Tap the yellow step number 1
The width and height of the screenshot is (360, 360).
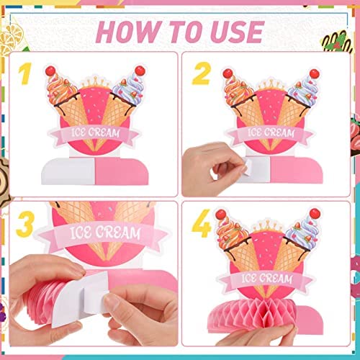[x=24, y=74]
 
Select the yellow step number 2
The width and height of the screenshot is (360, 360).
[x=202, y=73]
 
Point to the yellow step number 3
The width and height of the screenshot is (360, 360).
[x=25, y=225]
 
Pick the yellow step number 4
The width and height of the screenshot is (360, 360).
[x=202, y=223]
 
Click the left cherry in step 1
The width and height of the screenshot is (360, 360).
[x=50, y=71]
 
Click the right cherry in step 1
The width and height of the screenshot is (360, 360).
[x=140, y=71]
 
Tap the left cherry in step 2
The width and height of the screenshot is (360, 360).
[x=228, y=73]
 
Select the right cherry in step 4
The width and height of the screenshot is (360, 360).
[x=315, y=213]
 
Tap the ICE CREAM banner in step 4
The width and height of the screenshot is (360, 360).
[x=266, y=279]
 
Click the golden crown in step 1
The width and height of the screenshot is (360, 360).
[x=96, y=82]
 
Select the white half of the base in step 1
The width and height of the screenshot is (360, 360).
[x=68, y=171]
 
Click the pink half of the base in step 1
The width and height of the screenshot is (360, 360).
[x=122, y=171]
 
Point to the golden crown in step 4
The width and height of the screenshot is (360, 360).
[x=267, y=225]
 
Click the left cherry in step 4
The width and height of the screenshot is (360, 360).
[x=220, y=215]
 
